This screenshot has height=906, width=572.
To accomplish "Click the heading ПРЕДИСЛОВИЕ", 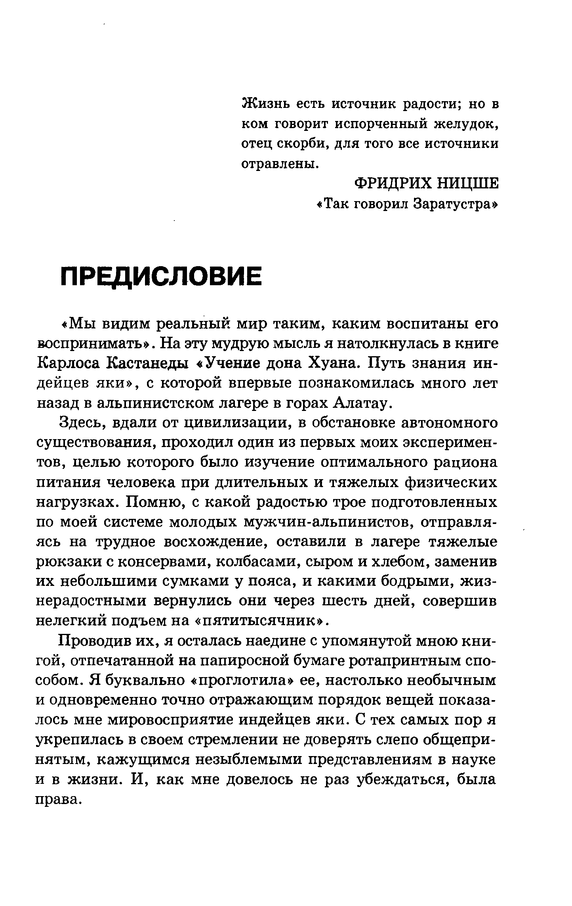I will pos(162,276).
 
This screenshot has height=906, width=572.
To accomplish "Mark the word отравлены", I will pos(279,163).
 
